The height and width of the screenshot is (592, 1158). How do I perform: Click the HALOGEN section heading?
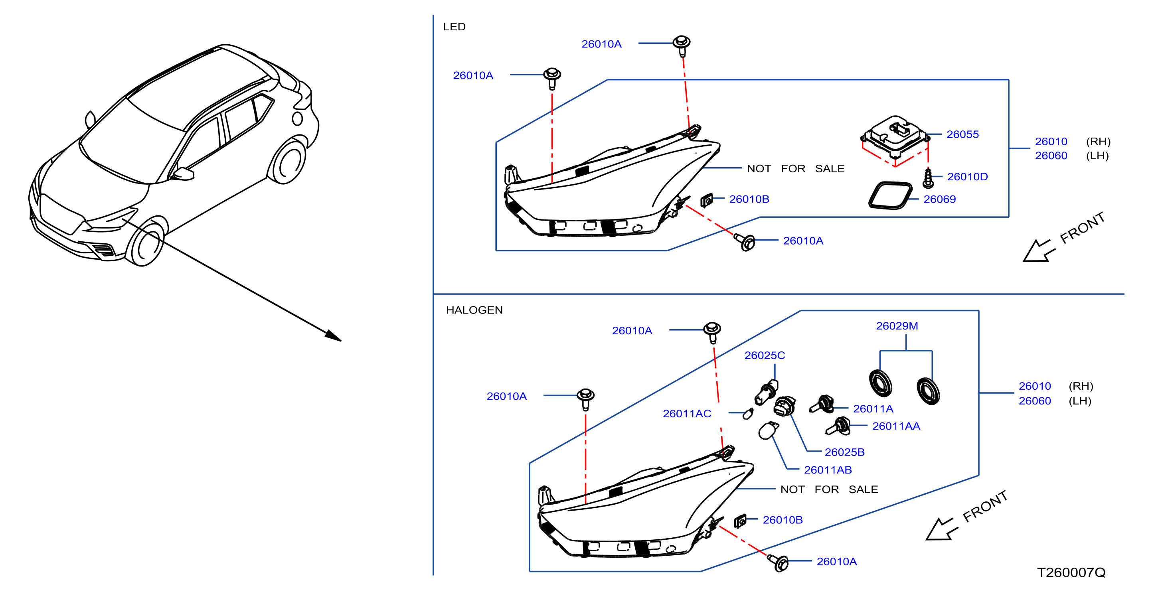click(474, 310)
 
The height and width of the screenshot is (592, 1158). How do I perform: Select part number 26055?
click(962, 134)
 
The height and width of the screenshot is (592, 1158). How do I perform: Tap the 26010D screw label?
click(967, 177)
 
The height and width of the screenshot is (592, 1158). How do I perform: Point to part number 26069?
click(939, 199)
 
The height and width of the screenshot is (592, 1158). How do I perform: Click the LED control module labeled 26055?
click(895, 137)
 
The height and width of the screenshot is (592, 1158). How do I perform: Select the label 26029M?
click(897, 326)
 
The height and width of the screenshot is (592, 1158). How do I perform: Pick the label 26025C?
click(765, 355)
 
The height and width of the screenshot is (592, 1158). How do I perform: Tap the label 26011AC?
click(687, 414)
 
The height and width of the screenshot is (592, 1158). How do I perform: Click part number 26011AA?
click(896, 426)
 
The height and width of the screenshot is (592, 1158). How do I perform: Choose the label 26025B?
click(844, 452)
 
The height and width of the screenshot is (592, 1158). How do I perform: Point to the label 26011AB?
click(828, 470)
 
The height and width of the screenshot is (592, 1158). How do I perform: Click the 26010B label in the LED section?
click(749, 199)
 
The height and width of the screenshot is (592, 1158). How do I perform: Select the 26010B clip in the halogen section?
click(740, 521)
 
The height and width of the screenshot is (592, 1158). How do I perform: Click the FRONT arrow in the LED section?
click(1037, 251)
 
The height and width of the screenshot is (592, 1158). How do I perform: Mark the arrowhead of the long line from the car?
click(334, 336)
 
